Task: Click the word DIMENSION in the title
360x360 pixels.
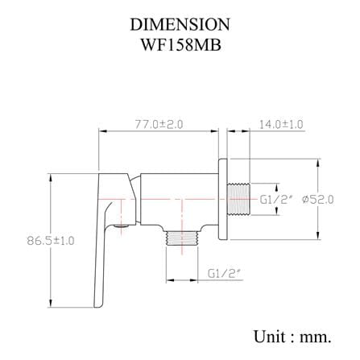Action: click(180, 24)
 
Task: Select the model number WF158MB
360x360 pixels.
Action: click(181, 45)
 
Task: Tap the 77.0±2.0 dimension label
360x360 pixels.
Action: click(159, 124)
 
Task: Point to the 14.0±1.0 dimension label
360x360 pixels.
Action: click(281, 124)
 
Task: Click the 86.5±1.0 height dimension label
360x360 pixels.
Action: click(51, 240)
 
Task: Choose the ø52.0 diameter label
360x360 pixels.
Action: click(318, 200)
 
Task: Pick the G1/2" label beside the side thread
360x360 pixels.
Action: click(275, 200)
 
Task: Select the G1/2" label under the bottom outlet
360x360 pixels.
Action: click(224, 273)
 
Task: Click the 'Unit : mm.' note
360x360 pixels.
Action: click(292, 337)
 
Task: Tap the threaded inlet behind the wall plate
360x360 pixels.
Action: click(238, 199)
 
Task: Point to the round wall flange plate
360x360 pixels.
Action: click(223, 199)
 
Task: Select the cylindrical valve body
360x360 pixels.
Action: click(180, 199)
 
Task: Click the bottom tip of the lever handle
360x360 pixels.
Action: click(97, 306)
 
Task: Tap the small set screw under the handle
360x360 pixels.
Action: click(121, 226)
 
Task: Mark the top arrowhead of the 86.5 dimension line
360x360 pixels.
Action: click(50, 178)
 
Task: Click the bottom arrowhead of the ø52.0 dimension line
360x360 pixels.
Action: click(318, 235)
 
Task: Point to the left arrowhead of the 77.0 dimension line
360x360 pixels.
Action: click(103, 131)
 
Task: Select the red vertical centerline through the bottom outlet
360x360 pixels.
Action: click(183, 226)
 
